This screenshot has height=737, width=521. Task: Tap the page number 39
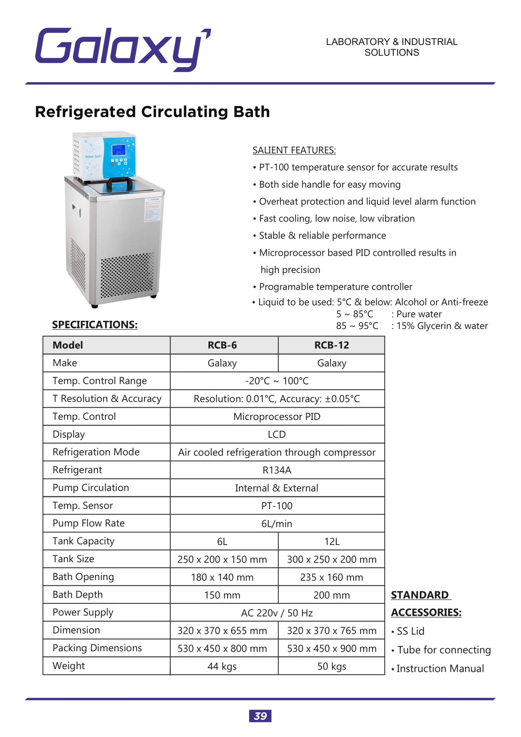[260, 716]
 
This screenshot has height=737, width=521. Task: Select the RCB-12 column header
[331, 345]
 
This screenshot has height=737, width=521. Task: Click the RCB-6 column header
[222, 345]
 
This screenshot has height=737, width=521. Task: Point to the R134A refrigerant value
[277, 470]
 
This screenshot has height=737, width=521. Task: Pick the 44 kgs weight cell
[222, 666]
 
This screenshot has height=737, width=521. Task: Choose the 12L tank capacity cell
[331, 542]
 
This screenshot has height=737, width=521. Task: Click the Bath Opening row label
[83, 577]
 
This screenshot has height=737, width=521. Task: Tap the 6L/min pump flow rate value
[277, 524]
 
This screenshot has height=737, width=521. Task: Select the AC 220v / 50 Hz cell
[277, 613]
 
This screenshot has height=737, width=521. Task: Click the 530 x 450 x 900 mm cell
[331, 648]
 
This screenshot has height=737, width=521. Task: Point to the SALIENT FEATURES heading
[294, 150]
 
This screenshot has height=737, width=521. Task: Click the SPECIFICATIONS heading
[95, 325]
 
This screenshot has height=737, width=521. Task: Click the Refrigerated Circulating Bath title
[152, 112]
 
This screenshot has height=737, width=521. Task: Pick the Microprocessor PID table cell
[277, 416]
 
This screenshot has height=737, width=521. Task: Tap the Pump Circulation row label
[91, 488]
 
